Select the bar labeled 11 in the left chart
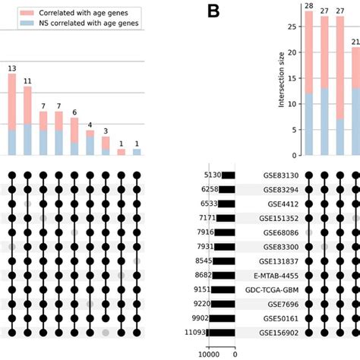27,122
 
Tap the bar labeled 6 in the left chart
74,137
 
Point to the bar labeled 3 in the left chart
106,146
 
